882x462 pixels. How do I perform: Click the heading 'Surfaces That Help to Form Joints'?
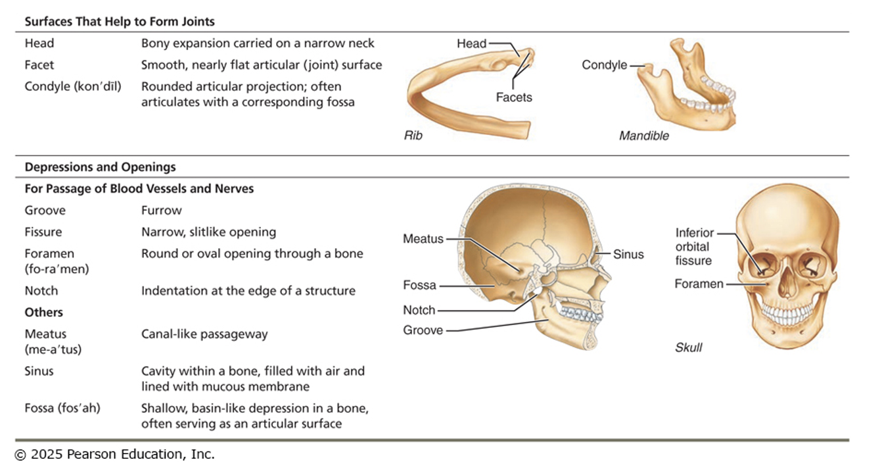pos(120,22)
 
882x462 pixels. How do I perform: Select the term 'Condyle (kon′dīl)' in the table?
pos(73,86)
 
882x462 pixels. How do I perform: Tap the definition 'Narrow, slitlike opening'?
pos(208,232)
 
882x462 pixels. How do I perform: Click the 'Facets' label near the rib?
pos(513,97)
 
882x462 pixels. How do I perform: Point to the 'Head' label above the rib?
pos(471,44)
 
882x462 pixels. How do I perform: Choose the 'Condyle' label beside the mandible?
pos(604,65)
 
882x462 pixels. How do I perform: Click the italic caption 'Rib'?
pos(413,136)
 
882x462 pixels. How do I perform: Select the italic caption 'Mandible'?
pos(643,136)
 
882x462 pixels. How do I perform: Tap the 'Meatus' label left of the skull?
pos(423,239)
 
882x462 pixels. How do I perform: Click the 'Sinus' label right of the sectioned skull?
pos(628,254)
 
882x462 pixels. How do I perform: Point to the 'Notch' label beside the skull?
pos(419,310)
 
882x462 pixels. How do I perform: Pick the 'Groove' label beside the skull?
pos(423,330)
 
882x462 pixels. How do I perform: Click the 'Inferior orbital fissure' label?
pos(693,247)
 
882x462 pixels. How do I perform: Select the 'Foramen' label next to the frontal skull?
pos(699,284)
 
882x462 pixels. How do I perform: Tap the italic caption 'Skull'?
pos(688,347)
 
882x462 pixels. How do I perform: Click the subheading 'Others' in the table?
pos(44,313)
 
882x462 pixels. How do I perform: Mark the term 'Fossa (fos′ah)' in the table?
pos(62,408)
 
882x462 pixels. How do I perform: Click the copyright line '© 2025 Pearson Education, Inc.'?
pos(114,454)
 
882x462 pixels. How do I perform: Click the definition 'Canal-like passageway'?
pos(204,334)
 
